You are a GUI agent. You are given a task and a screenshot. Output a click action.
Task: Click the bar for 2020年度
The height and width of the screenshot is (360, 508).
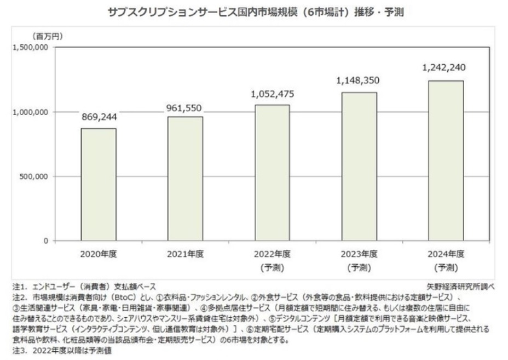coord(99,185)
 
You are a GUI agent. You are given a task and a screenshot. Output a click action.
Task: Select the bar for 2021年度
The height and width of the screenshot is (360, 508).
coord(186,179)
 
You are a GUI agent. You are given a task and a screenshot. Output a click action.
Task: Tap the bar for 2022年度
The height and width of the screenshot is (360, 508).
coord(272,173)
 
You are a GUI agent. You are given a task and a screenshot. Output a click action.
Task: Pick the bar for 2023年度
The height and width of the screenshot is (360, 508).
coord(360,167)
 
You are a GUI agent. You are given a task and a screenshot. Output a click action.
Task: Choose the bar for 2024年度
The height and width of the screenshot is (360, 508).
coord(446,161)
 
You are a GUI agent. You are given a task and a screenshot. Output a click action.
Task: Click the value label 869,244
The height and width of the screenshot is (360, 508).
coord(99,117)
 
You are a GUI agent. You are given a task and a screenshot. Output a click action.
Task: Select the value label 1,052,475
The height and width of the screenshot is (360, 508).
coord(272,94)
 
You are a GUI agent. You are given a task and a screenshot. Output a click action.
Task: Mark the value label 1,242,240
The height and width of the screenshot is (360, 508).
coord(446,67)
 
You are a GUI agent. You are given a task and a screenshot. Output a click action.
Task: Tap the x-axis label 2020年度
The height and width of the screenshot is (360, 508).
coord(99,254)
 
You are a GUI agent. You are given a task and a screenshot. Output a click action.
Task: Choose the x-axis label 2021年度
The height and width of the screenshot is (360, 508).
coord(186,254)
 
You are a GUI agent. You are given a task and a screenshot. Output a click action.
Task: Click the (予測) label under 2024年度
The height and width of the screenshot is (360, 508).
coord(446,268)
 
